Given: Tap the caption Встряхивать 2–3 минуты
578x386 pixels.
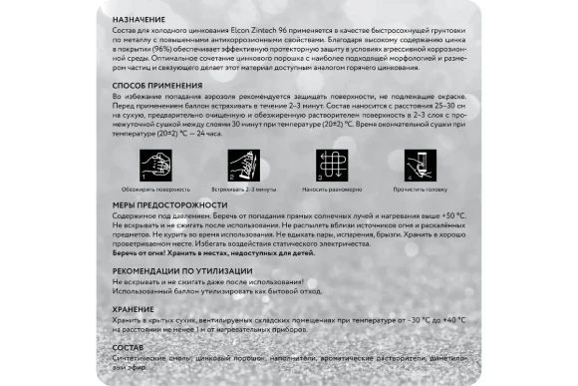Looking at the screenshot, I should coord(242,187).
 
